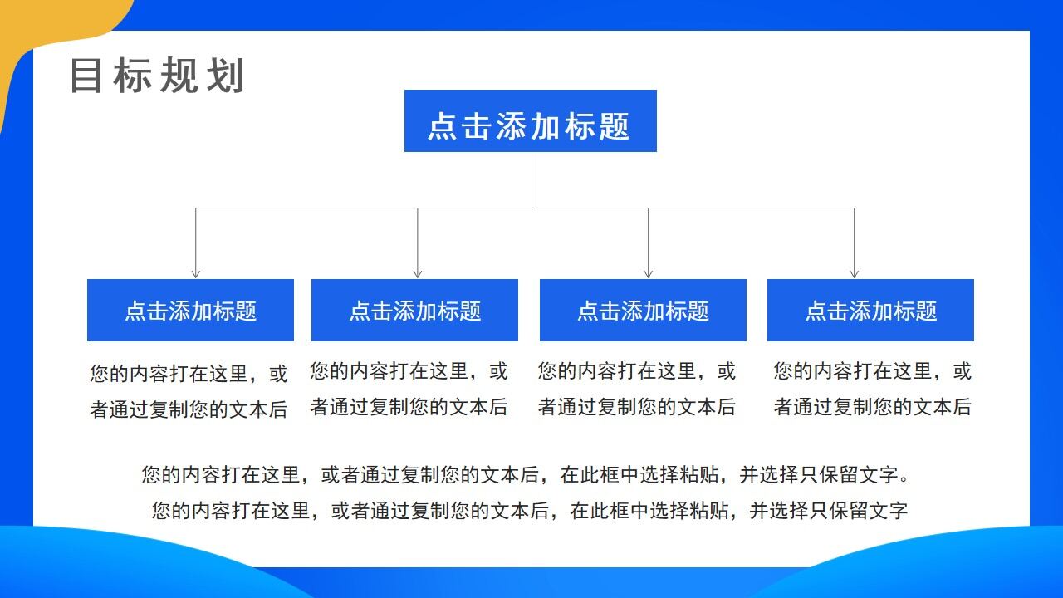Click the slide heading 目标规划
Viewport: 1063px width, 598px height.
tap(157, 76)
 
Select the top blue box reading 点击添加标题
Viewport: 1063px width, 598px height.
tap(530, 121)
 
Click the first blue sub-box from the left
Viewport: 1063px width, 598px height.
tap(190, 311)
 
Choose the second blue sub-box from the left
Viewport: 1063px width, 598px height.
tap(414, 311)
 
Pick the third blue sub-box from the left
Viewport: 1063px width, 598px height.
tap(643, 311)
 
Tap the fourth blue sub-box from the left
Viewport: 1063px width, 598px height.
tap(870, 311)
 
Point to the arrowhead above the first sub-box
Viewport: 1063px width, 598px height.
tap(196, 273)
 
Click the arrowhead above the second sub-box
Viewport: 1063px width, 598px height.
tap(418, 273)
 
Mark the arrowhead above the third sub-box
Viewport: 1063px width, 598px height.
tap(648, 273)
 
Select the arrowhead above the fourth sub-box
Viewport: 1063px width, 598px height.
tap(854, 273)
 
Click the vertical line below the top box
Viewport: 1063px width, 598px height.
tap(531, 179)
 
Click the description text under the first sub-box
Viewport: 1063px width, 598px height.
tap(189, 391)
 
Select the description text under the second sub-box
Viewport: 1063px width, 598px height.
tap(409, 389)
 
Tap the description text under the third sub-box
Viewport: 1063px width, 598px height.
tap(637, 389)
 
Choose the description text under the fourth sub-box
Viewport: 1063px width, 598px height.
tap(872, 389)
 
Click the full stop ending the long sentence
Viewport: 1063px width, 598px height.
tap(904, 479)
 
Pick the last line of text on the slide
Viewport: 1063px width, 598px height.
tap(530, 511)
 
